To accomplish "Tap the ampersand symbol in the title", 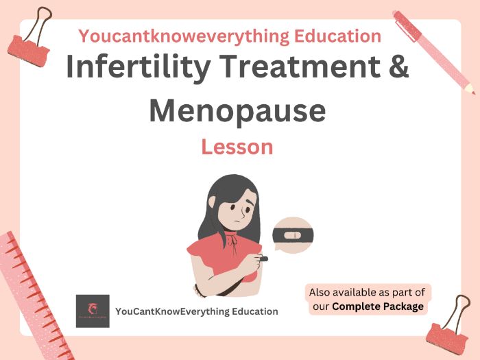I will coord(394,70).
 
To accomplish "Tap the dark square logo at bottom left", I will coord(93,311).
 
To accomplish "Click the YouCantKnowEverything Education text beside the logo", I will coord(197,311).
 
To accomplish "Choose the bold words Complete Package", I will coord(377,307).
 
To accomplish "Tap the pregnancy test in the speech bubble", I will coord(292,236).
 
